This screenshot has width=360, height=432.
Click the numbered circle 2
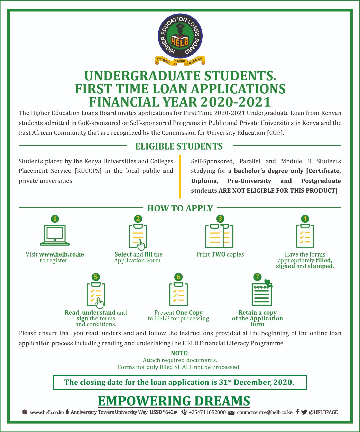(x=138, y=219)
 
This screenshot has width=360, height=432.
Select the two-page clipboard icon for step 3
(x=220, y=236)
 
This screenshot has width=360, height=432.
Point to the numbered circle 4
(x=305, y=219)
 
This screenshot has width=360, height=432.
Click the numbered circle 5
(x=96, y=277)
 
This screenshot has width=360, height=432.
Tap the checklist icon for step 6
(x=178, y=294)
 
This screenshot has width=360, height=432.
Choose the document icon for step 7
(x=261, y=294)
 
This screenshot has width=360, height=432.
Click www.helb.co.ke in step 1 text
(x=61, y=254)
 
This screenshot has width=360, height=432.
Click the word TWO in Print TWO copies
(x=218, y=254)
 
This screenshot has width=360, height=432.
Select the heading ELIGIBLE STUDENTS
(x=179, y=146)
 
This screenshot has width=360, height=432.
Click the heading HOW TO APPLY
(x=180, y=208)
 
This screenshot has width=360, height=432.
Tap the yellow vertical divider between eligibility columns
(x=180, y=176)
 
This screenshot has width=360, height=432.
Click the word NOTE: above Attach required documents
(x=180, y=353)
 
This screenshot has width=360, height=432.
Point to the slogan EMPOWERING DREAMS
(x=174, y=401)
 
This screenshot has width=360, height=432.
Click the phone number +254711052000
(x=207, y=412)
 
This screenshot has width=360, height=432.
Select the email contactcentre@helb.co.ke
(x=265, y=412)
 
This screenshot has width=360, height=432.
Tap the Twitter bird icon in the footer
(x=304, y=412)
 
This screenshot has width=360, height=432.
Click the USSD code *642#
(x=170, y=412)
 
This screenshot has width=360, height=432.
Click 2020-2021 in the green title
(x=236, y=102)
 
